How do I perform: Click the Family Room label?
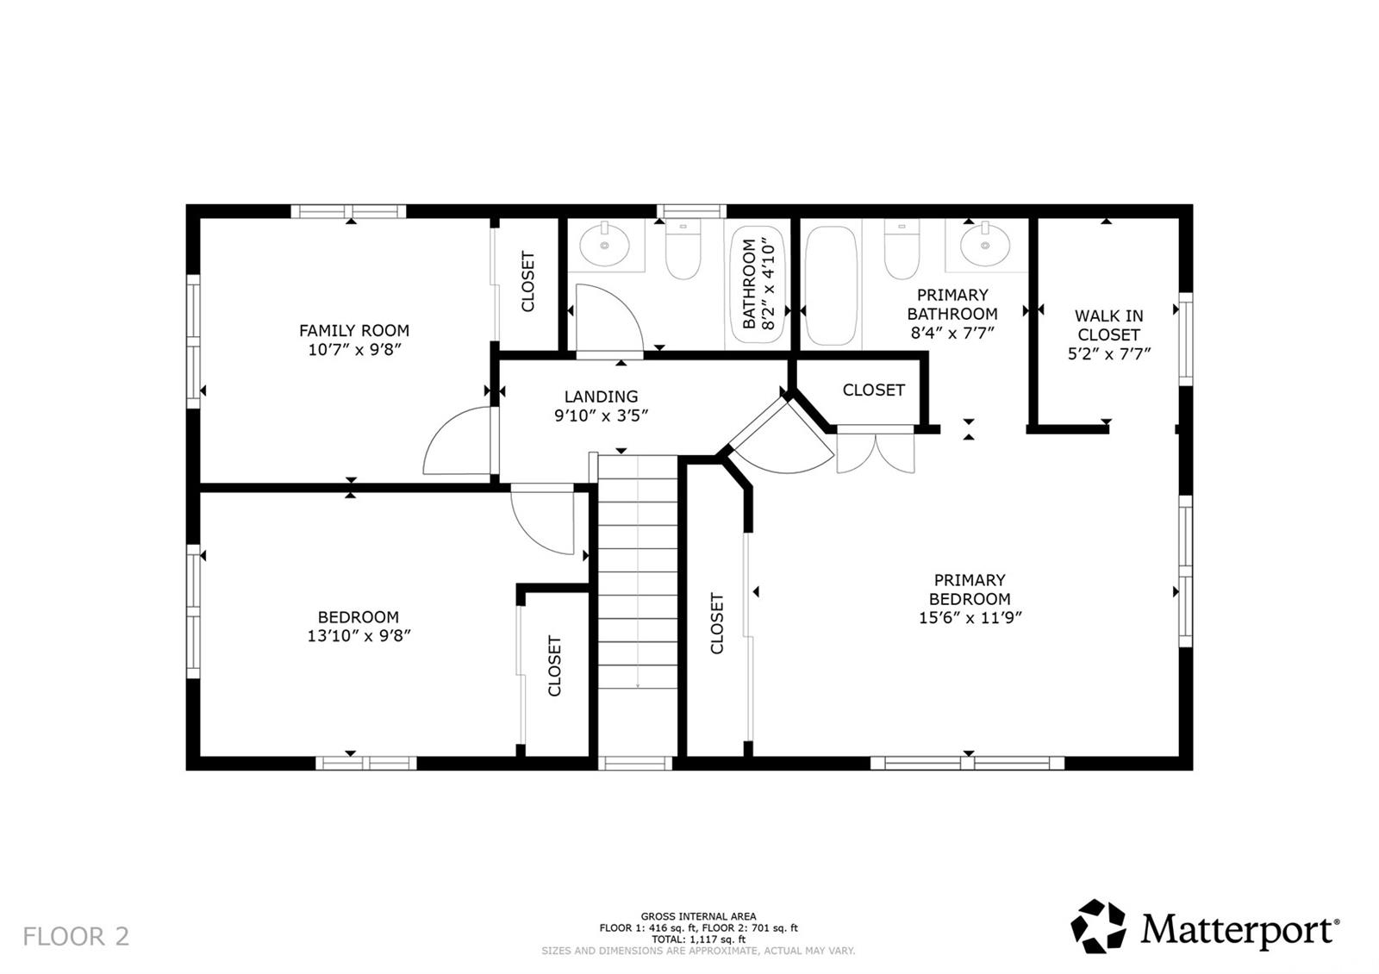354,331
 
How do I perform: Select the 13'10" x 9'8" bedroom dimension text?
359,635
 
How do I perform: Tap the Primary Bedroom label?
970,590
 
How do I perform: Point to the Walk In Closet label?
1108,325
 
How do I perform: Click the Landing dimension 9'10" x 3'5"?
602,416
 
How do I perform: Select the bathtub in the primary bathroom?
831,285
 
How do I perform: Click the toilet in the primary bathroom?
902,249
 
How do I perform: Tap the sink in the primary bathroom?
985,245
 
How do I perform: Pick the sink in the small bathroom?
604,245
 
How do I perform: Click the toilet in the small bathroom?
683,249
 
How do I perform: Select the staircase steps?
638,572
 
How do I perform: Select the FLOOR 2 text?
77,936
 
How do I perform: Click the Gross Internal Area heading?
698,916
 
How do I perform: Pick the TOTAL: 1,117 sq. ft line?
698,939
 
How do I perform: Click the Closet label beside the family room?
527,281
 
